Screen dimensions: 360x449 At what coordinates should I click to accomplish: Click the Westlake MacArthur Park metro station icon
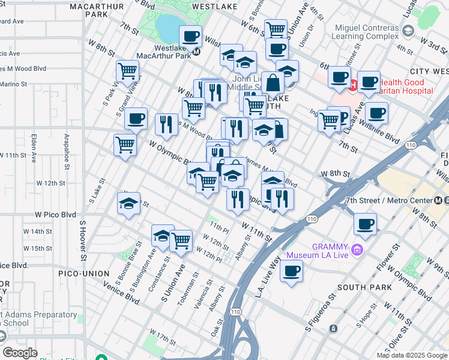(196, 52)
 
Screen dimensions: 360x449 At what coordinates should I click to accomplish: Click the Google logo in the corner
(20, 353)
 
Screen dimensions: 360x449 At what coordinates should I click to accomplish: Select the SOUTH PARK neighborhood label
(360, 287)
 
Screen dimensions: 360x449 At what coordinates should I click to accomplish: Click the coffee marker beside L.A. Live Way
(292, 271)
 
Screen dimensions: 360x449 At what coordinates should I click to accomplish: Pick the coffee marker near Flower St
(365, 224)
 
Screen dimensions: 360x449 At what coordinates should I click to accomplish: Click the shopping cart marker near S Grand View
(128, 71)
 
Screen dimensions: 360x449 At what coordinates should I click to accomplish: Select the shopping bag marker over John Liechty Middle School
(273, 83)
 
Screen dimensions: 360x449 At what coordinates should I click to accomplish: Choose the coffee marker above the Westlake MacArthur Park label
(190, 37)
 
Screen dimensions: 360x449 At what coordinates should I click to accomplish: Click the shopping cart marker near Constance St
(181, 241)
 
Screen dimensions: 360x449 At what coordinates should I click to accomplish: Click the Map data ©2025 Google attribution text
(412, 355)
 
